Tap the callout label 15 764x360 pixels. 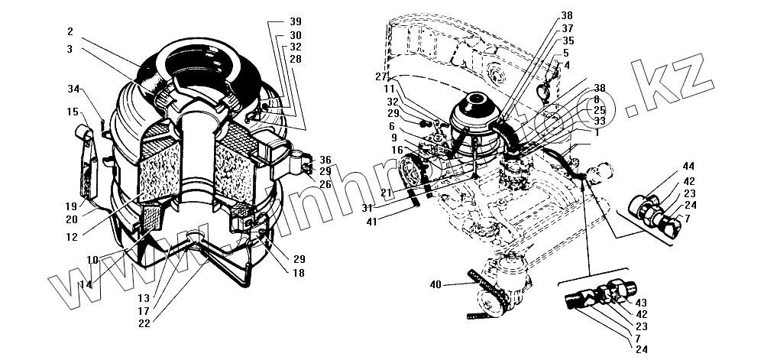(72, 112)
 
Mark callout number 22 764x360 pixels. (145, 323)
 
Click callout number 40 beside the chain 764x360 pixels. (436, 284)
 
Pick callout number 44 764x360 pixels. (688, 166)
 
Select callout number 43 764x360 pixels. (641, 304)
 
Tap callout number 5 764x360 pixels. (566, 53)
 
